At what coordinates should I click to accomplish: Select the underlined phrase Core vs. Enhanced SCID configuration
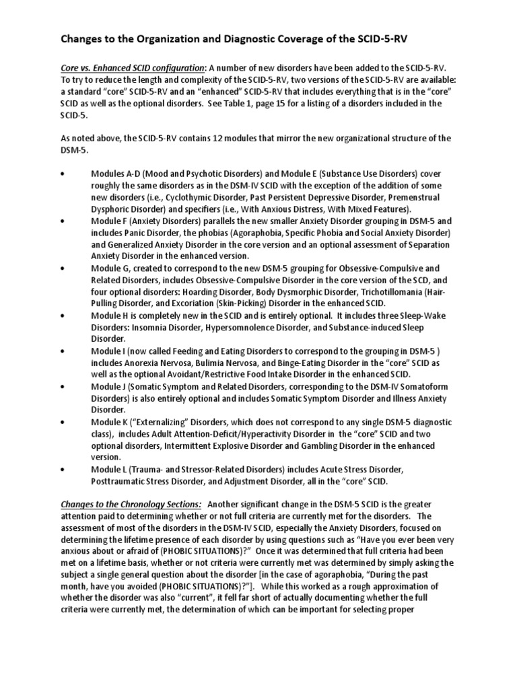click(x=131, y=68)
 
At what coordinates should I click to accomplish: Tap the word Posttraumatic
click(x=119, y=481)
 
